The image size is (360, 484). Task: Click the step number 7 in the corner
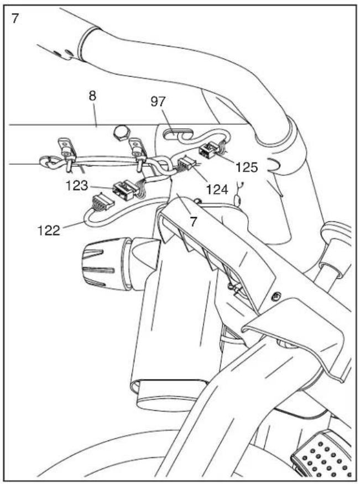[15, 18]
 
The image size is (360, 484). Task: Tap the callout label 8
[92, 96]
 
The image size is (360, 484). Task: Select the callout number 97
[158, 102]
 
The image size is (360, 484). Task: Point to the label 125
[247, 167]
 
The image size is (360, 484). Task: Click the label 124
[217, 189]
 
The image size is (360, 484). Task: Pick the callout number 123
[77, 186]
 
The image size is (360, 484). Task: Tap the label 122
[49, 230]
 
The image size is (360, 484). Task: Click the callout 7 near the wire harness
[193, 222]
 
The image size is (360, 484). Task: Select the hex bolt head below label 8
[119, 133]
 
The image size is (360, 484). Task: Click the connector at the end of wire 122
[101, 202]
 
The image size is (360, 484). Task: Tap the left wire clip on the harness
[67, 155]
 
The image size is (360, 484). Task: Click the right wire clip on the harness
[137, 154]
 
